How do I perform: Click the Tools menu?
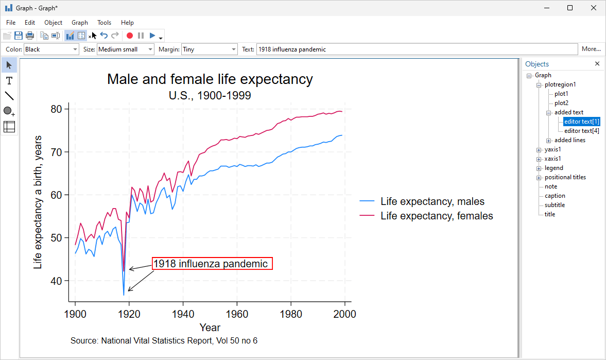click(104, 23)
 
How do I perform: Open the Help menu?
click(127, 23)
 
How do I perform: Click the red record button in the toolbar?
click(130, 36)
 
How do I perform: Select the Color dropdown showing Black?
click(51, 49)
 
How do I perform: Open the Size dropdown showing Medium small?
click(125, 49)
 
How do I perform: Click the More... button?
click(591, 49)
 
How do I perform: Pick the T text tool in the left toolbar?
click(9, 81)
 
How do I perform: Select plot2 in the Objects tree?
click(561, 103)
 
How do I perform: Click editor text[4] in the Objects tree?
click(581, 131)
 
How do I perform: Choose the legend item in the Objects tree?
click(554, 168)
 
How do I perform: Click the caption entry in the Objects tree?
click(555, 196)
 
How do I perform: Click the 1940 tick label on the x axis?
click(183, 314)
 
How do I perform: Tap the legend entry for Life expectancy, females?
click(437, 216)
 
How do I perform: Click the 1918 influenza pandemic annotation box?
click(211, 264)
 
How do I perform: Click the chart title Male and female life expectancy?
click(210, 79)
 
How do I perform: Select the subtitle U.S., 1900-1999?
click(210, 95)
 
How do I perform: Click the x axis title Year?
click(210, 328)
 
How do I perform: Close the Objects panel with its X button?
click(597, 64)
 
